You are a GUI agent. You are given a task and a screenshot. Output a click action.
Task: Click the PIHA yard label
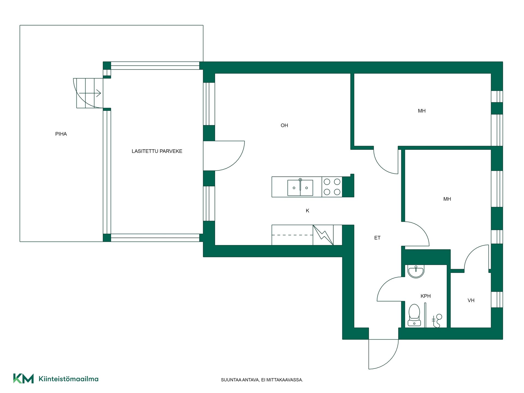click(61, 134)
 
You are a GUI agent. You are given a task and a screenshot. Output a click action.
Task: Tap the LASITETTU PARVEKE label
click(157, 151)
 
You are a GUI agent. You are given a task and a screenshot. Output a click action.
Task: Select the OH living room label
click(284, 126)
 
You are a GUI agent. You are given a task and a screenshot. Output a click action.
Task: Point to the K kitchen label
click(308, 211)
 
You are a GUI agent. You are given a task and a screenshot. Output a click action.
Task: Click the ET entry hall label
click(377, 238)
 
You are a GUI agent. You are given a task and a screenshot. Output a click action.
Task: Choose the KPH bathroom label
click(425, 296)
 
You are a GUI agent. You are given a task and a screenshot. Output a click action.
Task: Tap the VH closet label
click(471, 300)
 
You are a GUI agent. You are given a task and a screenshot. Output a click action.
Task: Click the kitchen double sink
click(300, 187)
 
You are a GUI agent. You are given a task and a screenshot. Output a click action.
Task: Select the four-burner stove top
click(332, 187)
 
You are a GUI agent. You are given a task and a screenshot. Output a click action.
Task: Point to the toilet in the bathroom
click(414, 315)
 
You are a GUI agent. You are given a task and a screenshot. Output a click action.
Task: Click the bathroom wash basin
click(416, 271)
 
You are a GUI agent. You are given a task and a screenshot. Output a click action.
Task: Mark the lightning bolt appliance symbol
click(323, 235)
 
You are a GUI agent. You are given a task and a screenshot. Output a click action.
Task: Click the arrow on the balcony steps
click(90, 93)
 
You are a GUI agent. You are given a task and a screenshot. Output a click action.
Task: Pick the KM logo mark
click(23, 379)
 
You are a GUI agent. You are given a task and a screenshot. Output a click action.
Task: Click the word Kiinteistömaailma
click(69, 379)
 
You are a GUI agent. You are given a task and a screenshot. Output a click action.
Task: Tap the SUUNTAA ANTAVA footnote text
click(262, 380)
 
